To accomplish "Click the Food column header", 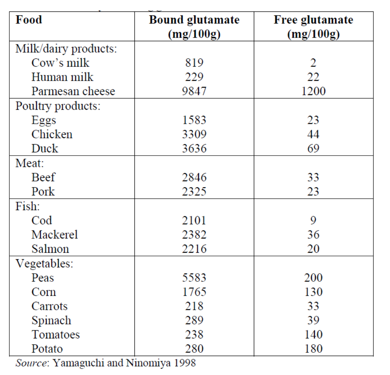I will (29, 20).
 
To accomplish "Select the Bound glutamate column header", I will (194, 27).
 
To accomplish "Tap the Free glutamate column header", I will (313, 27).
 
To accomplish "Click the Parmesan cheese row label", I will (73, 91).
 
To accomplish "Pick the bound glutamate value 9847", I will (194, 91).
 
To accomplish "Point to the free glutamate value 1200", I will (313, 91).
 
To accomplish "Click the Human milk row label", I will (62, 77).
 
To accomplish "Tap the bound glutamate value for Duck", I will (194, 148).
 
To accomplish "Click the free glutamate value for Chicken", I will (313, 134).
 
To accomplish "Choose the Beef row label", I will (43, 177).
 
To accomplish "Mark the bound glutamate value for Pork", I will (194, 191).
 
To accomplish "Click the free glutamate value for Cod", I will (313, 220).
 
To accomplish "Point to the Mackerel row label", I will (54, 234).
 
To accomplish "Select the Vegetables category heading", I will (44, 264).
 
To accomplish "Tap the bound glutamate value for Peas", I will (194, 277).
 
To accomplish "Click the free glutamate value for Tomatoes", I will (313, 334).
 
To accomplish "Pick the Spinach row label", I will (51, 320).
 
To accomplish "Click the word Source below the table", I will (31, 363).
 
